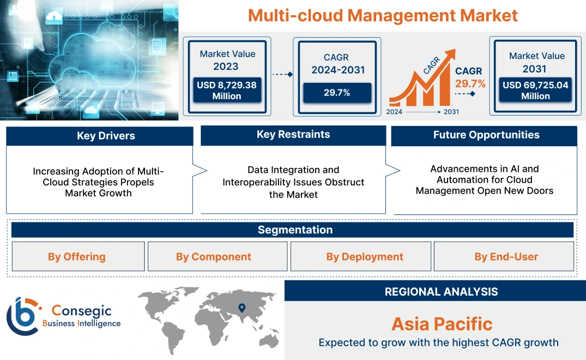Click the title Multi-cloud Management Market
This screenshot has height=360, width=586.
click(383, 15)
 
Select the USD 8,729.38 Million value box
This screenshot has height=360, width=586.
click(226, 91)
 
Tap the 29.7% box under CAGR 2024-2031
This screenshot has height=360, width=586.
click(337, 93)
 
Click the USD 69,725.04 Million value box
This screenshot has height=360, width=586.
click(535, 91)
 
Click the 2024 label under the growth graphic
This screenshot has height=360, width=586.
click(395, 112)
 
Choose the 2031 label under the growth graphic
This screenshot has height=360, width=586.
click(451, 112)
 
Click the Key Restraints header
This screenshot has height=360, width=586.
click(293, 135)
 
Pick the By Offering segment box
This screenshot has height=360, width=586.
click(77, 256)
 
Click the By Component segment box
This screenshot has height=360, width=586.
click(214, 256)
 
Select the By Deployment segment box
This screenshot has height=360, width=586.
click(365, 256)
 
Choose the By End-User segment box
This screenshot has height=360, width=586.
click(506, 256)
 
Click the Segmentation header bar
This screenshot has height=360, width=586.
click(295, 230)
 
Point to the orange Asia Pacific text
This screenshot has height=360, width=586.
click(442, 324)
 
